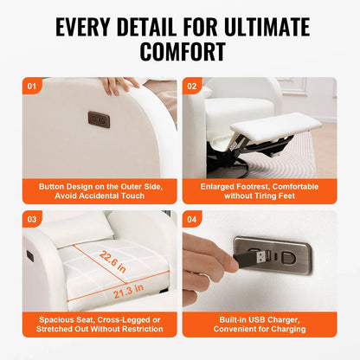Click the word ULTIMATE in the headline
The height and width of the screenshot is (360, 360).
[x=267, y=27]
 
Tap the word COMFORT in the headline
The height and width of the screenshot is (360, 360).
[x=183, y=52]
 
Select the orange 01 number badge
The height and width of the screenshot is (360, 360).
[x=32, y=86]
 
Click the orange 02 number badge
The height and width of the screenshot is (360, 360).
[x=192, y=86]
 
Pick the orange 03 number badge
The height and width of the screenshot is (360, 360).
[x=32, y=219]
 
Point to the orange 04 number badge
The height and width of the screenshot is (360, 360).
[x=192, y=219]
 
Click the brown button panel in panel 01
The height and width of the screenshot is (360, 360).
[x=99, y=119]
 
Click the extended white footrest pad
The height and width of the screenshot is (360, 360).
[x=276, y=126]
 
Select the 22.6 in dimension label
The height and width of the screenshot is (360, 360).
[x=112, y=261]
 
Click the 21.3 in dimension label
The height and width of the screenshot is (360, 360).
[x=128, y=291]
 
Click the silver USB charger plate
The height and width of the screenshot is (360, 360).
[x=273, y=255]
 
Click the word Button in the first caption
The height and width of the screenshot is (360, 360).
[x=52, y=187]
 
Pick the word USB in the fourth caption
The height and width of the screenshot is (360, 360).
[x=257, y=319]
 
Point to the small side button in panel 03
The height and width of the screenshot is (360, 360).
[x=30, y=256]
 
